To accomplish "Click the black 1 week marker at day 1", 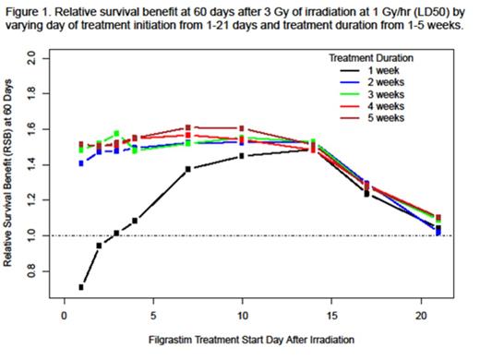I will pyautogui.click(x=81, y=287).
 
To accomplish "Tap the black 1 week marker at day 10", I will pyautogui.click(x=241, y=156).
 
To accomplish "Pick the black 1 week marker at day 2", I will pyautogui.click(x=99, y=246).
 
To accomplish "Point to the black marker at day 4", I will pyautogui.click(x=135, y=221).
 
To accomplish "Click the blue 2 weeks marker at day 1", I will pyautogui.click(x=81, y=162).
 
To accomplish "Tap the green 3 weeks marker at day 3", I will pyautogui.click(x=116, y=134).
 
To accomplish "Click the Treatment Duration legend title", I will pyautogui.click(x=369, y=57).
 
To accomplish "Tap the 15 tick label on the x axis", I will pyautogui.click(x=330, y=317).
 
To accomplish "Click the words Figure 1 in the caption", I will pyautogui.click(x=29, y=8).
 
